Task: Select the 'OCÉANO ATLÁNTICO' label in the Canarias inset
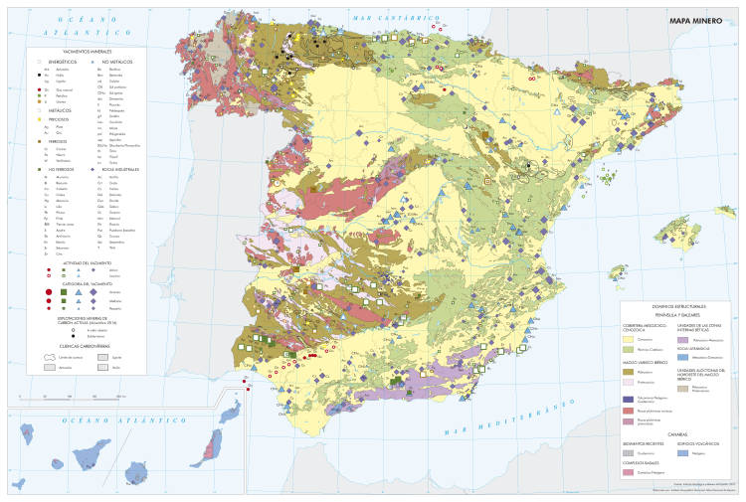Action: (x=90, y=421)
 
